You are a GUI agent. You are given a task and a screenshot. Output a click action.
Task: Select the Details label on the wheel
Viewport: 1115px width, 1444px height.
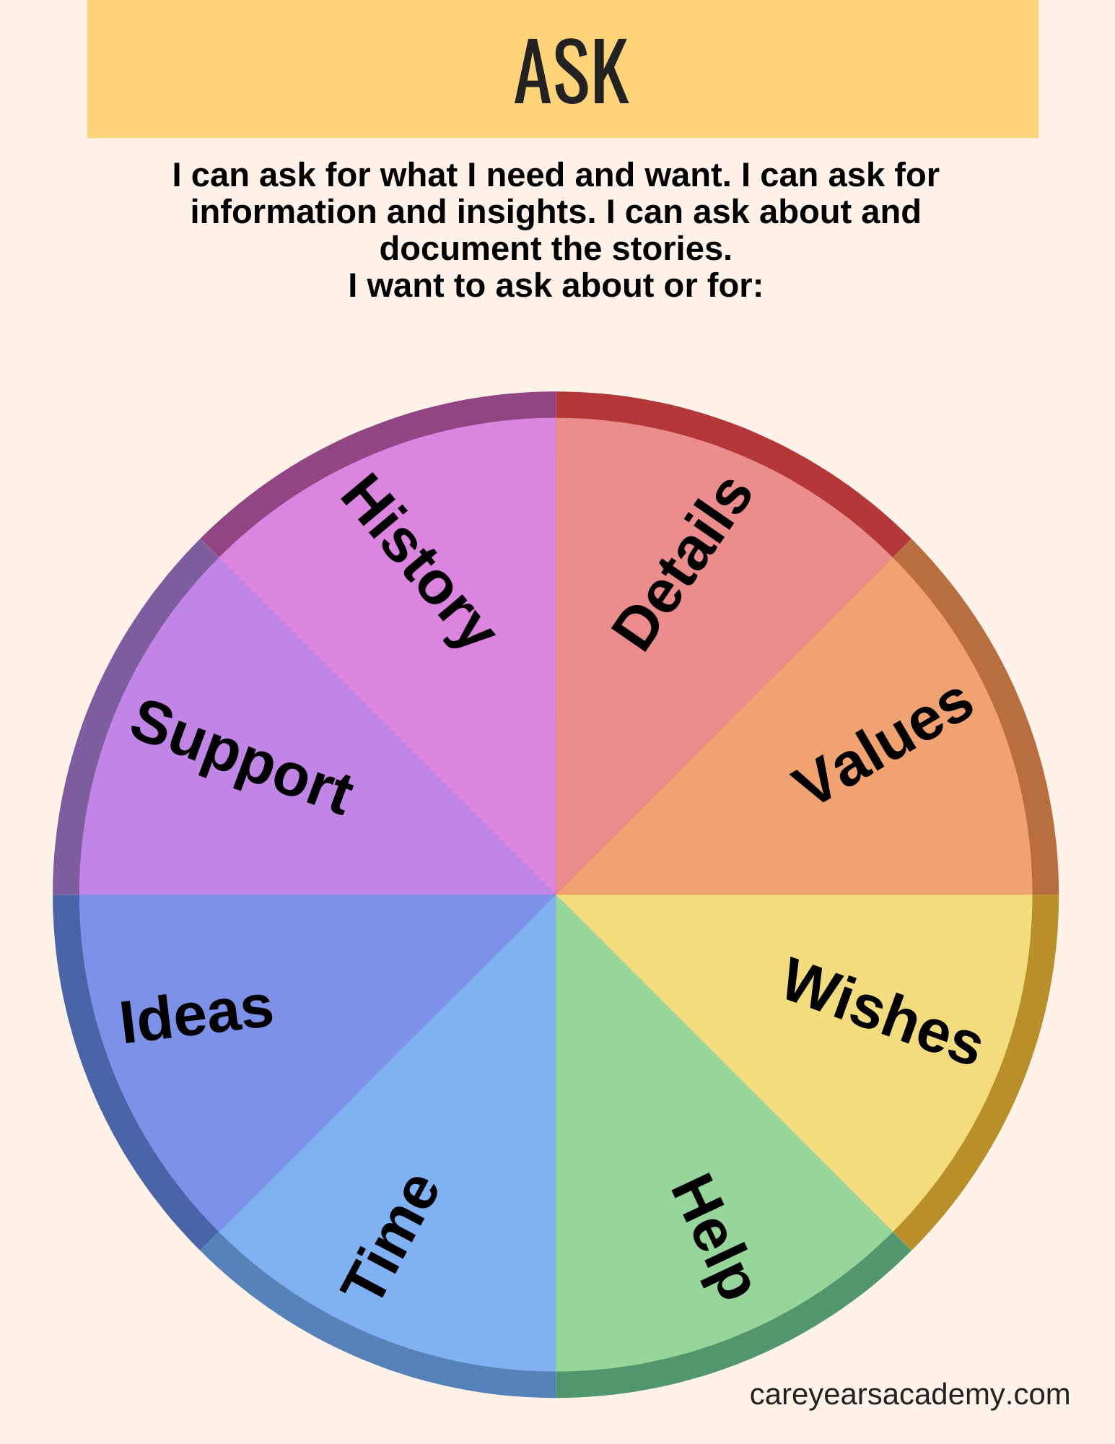click(682, 565)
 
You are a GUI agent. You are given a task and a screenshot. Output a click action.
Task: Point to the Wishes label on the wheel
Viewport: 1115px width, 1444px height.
click(882, 1011)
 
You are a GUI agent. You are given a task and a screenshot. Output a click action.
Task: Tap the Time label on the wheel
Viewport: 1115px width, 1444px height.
click(390, 1235)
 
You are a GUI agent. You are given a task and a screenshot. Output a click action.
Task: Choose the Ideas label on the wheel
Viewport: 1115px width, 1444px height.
click(196, 1015)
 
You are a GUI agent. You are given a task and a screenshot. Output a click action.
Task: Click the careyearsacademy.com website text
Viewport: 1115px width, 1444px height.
click(909, 1394)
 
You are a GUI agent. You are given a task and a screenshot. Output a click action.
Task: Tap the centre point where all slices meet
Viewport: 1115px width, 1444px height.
click(556, 895)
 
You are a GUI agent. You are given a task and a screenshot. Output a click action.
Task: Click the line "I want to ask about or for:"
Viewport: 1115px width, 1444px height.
click(556, 286)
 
